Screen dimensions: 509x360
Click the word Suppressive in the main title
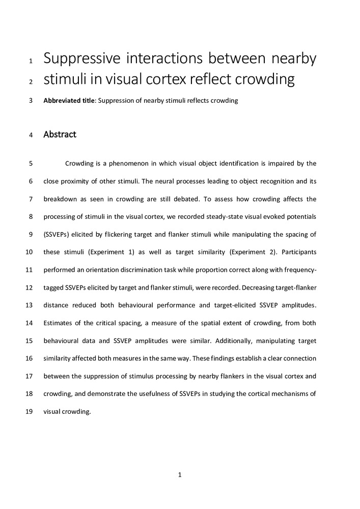click(x=82, y=60)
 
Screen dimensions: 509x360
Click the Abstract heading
click(x=60, y=135)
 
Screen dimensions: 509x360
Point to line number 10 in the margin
click(x=29, y=252)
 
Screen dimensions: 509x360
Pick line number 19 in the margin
click(x=29, y=412)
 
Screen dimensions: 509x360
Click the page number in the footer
click(x=180, y=475)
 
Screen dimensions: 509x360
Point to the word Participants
click(x=298, y=252)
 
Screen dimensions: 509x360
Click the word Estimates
click(x=58, y=323)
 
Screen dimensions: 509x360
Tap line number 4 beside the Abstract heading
click(x=31, y=135)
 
